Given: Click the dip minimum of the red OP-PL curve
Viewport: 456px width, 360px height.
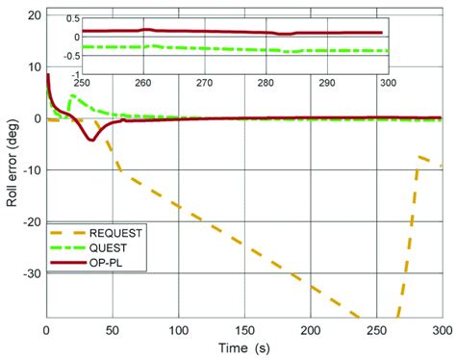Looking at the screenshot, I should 91,141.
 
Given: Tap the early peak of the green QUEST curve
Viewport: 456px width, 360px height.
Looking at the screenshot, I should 71,95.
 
